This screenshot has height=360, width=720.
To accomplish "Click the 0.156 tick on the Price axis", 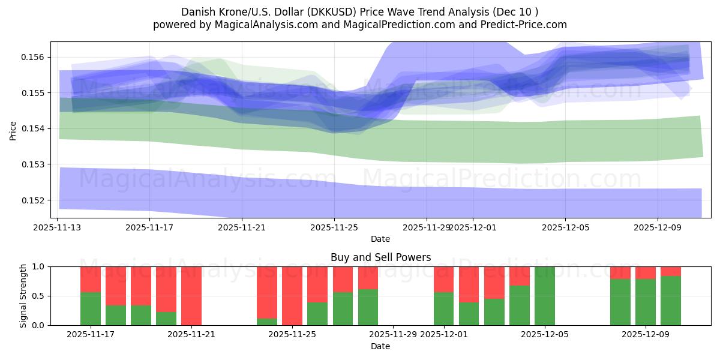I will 35,57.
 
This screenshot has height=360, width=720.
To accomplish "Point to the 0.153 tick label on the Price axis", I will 35,164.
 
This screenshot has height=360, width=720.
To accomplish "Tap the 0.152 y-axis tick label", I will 35,200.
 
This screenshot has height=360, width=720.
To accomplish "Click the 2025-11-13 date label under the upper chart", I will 58,227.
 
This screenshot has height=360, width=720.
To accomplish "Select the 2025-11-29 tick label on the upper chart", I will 426,227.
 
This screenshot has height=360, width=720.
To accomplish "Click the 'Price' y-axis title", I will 13,130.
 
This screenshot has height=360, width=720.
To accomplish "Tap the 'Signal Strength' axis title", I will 23,296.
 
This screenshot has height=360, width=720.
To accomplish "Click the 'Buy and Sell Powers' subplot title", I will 380,257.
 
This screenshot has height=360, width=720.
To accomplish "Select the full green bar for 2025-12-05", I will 545,296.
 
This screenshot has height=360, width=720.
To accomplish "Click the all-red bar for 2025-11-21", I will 191,296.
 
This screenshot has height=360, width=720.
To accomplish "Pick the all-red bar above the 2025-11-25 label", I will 292,296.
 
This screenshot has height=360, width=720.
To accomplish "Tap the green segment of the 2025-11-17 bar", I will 91,308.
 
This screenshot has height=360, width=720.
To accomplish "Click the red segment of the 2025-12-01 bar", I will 444,279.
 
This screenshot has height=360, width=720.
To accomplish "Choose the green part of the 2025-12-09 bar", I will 646,302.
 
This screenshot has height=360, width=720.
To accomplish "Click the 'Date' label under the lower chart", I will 380,346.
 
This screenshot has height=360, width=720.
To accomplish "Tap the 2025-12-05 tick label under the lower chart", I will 545,335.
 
